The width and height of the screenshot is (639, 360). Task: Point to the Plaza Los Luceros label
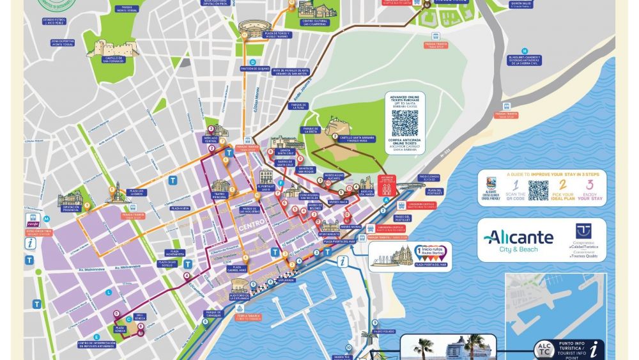pyautogui.click(x=140, y=193)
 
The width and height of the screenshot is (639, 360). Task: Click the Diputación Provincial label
pyautogui.click(x=70, y=209)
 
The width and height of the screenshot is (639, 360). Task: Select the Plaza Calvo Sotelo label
pyautogui.click(x=167, y=263)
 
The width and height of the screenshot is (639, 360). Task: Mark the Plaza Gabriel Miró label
pyautogui.click(x=236, y=269)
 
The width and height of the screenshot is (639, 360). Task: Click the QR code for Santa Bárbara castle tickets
pyautogui.click(x=404, y=123)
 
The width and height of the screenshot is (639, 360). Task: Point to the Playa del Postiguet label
pyautogui.click(x=435, y=192)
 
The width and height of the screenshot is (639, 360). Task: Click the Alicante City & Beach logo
pyautogui.click(x=518, y=240)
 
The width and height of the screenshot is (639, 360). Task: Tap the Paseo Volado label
pyautogui.click(x=385, y=331)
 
